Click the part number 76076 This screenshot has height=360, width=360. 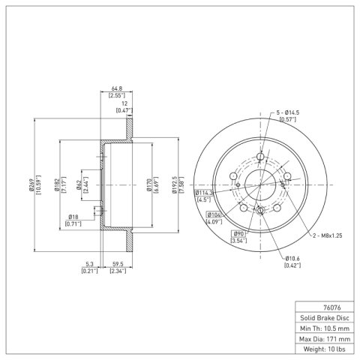[x=331, y=307]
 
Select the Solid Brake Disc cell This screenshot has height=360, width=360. [x=325, y=318]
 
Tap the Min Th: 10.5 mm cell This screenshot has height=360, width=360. [x=325, y=328]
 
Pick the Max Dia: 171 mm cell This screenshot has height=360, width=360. [x=325, y=339]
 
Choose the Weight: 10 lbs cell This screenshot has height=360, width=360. [x=325, y=349]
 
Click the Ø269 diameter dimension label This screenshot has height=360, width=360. [x=31, y=185]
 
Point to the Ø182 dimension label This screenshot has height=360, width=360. [x=57, y=185]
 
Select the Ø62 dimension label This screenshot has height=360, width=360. [x=79, y=185]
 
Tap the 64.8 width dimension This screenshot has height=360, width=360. [x=116, y=89]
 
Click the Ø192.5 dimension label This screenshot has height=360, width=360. [x=175, y=185]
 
